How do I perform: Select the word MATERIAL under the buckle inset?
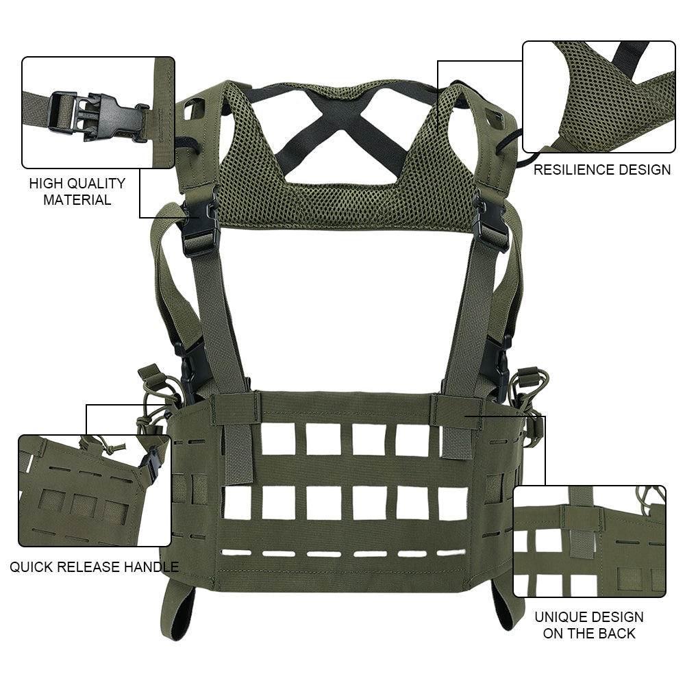pos(77,199)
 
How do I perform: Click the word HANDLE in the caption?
pos(151,566)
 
